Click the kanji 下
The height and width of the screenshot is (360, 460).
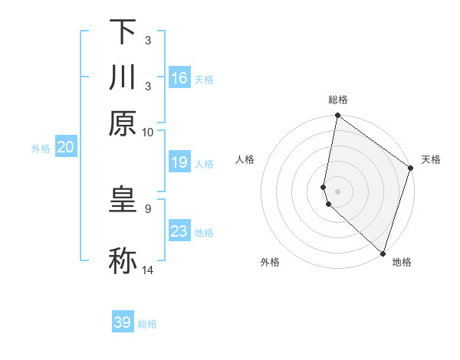(x=123, y=32)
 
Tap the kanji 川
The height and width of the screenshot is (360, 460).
(x=123, y=77)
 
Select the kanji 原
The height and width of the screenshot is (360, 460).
(x=123, y=123)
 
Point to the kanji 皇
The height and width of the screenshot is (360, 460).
(x=123, y=199)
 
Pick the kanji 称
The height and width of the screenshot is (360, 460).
(x=123, y=260)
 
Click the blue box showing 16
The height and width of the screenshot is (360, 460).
(x=179, y=78)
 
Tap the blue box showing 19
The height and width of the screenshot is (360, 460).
(x=179, y=162)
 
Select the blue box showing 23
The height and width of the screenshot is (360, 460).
(x=179, y=231)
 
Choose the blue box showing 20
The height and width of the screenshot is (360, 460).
(x=65, y=148)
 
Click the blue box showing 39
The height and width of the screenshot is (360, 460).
(x=123, y=322)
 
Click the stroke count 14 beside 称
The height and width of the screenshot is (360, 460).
(x=147, y=270)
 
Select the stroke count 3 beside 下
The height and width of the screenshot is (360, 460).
(x=146, y=41)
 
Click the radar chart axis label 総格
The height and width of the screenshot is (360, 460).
(x=338, y=100)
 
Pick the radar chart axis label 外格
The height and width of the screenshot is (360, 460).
(x=270, y=262)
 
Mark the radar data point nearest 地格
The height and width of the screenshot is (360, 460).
(x=383, y=254)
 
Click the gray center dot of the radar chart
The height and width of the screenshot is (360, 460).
(x=337, y=190)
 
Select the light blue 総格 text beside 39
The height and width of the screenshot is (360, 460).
(x=147, y=324)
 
